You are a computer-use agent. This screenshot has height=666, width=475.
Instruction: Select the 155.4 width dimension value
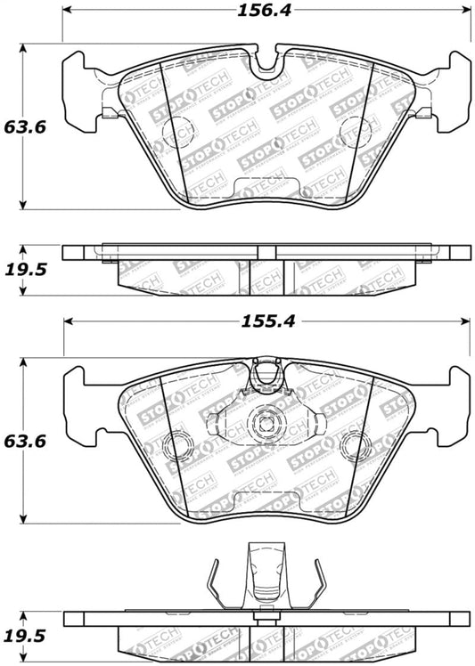click(x=266, y=322)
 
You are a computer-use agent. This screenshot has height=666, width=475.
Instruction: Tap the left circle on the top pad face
click(x=175, y=132)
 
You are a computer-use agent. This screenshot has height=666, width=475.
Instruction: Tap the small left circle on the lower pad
click(x=178, y=442)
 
